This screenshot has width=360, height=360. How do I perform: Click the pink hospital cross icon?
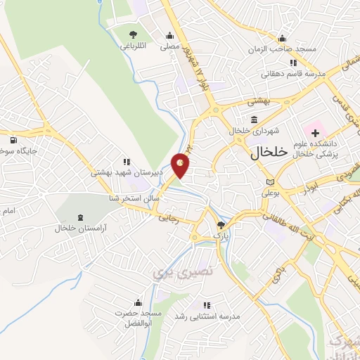(315, 131)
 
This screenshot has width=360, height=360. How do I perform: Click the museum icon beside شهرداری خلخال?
(252, 120)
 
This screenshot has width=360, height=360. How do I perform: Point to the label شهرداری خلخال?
(250, 131)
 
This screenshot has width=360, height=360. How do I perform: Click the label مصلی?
(169, 48)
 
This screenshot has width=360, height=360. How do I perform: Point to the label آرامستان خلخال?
(78, 229)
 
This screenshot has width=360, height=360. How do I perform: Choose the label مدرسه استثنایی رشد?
(210, 316)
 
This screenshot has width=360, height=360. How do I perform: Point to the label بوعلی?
(271, 192)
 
